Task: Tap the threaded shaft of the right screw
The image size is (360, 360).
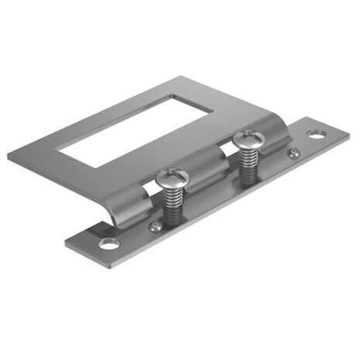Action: point(249,164)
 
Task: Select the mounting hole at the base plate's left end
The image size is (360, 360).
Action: point(109,245)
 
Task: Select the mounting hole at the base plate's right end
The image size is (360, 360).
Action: point(316,135)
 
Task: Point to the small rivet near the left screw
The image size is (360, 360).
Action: point(155,226)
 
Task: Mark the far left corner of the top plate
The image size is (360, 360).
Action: point(9,157)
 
